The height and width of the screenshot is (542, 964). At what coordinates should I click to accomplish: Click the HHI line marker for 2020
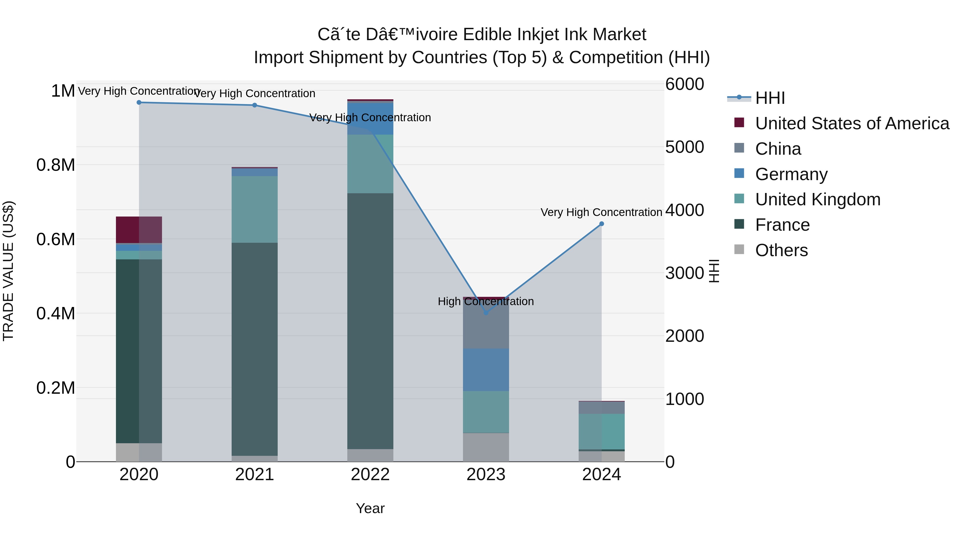tap(139, 102)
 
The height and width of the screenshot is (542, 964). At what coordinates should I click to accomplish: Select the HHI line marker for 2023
tap(486, 313)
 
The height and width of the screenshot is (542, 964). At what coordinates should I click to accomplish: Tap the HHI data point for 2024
tap(601, 224)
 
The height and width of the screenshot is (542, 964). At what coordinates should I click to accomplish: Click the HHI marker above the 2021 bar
tap(254, 105)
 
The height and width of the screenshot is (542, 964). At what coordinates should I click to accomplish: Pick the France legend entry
tap(782, 225)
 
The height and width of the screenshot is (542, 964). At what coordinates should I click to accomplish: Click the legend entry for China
tap(778, 149)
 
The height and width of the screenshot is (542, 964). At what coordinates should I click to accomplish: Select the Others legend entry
tap(781, 250)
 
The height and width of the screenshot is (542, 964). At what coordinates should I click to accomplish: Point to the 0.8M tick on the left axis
tap(56, 165)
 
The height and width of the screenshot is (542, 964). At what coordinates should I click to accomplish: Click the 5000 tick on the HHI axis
tap(684, 147)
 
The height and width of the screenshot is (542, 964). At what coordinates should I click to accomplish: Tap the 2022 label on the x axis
tap(370, 475)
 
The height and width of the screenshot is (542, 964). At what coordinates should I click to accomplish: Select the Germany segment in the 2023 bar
tap(486, 370)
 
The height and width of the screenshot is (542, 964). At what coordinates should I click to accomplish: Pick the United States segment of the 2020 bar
tap(139, 230)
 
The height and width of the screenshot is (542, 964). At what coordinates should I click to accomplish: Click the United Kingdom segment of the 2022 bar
tap(370, 164)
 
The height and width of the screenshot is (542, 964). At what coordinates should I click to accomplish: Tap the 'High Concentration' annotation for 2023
tap(485, 301)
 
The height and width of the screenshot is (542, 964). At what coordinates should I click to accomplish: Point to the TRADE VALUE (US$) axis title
tap(8, 271)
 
